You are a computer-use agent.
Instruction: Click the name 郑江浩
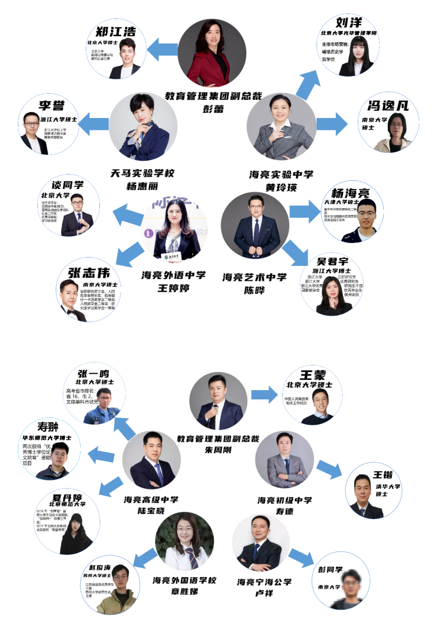[x=116, y=32]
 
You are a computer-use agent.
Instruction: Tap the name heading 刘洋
[x=349, y=22]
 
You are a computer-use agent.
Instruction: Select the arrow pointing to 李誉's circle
[x=93, y=124]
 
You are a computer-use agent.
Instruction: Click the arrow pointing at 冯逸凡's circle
[x=332, y=124]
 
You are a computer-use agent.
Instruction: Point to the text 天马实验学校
[x=142, y=173]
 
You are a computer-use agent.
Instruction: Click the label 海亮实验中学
[x=281, y=175]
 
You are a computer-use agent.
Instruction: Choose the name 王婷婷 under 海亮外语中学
[x=173, y=288]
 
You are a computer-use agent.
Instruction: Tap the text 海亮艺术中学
[x=254, y=277]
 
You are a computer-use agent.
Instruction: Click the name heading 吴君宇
[x=333, y=261]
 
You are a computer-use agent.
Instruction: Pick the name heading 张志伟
[x=89, y=273]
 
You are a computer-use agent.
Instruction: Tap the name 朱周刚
[x=218, y=450]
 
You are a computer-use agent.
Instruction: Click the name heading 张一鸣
[x=93, y=374]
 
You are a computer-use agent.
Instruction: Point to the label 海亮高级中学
[x=151, y=499]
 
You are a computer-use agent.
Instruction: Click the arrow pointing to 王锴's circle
[x=329, y=468]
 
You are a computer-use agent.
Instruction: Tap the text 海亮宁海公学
[x=264, y=582]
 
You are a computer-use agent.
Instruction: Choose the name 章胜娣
[x=184, y=591]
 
